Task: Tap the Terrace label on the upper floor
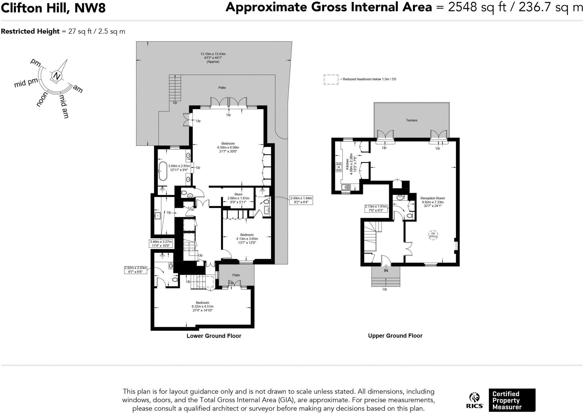411,120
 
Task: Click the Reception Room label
432,198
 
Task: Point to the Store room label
238,194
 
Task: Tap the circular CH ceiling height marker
433,235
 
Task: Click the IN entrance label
386,271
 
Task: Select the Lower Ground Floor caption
214,336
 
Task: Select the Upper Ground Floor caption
395,336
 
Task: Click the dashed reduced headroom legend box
331,79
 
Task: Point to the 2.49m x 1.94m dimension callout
301,200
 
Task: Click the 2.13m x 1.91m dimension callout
376,208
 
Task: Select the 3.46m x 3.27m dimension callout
161,243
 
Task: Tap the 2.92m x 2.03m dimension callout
136,270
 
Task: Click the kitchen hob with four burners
339,167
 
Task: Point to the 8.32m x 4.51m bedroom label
202,306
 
